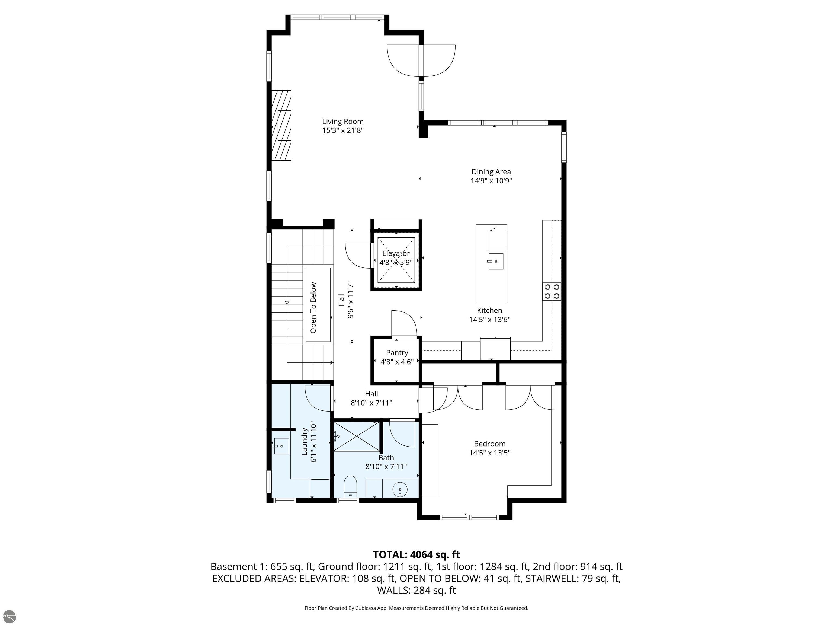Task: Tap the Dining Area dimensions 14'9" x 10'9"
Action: point(491,181)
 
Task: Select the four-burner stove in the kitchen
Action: point(552,292)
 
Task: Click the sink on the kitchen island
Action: point(496,261)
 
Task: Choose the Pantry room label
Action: point(397,353)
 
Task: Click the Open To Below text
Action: point(313,307)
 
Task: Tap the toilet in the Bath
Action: point(350,487)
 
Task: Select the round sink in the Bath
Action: point(400,490)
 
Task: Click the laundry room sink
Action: point(281,446)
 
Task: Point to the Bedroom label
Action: point(489,444)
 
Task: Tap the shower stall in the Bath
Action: point(357,436)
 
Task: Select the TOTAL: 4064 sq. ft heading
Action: point(416,554)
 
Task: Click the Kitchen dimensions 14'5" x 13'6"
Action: point(489,320)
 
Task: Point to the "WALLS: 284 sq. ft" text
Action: point(416,590)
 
